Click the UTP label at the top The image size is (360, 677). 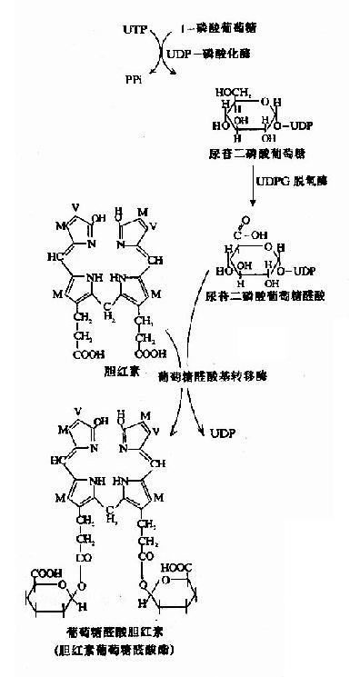coord(135,30)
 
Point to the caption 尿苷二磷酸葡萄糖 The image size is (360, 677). coord(254,157)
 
